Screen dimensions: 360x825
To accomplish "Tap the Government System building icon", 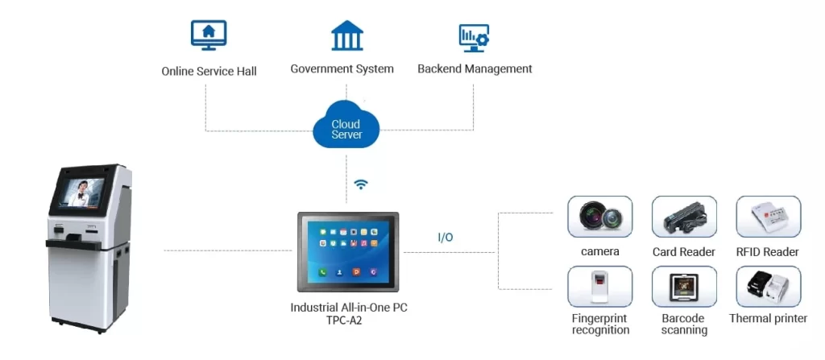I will pos(346,36).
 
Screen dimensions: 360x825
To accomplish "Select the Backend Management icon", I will pos(474,36).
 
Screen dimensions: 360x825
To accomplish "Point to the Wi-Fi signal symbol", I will pos(362,184).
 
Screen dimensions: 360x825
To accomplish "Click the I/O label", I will pos(445,238).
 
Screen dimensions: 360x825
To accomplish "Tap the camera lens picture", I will pos(600,217).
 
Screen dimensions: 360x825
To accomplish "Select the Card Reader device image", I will pos(684,217).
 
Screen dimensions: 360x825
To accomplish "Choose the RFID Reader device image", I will pos(768,217).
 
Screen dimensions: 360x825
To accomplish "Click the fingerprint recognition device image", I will pos(600,287).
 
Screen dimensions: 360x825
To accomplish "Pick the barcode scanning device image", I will pos(684,287).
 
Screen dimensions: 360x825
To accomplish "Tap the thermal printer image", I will pos(768,287).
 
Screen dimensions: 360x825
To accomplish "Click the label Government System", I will pos(342,69).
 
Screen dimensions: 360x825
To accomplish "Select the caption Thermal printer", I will pos(768,319).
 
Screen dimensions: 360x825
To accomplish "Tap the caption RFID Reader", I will pos(768,252).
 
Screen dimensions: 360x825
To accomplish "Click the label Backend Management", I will pos(475,69).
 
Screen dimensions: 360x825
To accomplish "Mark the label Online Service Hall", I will pos(209,72).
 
